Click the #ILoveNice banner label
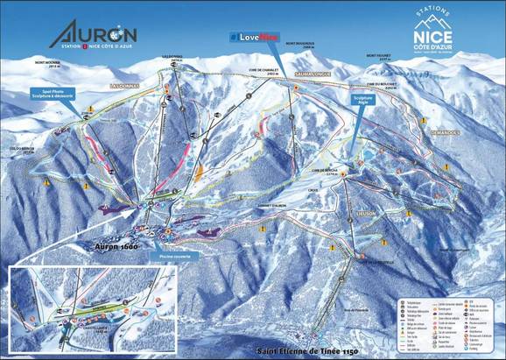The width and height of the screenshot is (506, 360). point(252,38)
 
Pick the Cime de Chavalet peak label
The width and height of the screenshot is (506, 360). point(266,73)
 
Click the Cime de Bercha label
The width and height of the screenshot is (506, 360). point(326,173)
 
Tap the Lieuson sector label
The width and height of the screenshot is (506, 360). point(365,211)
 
